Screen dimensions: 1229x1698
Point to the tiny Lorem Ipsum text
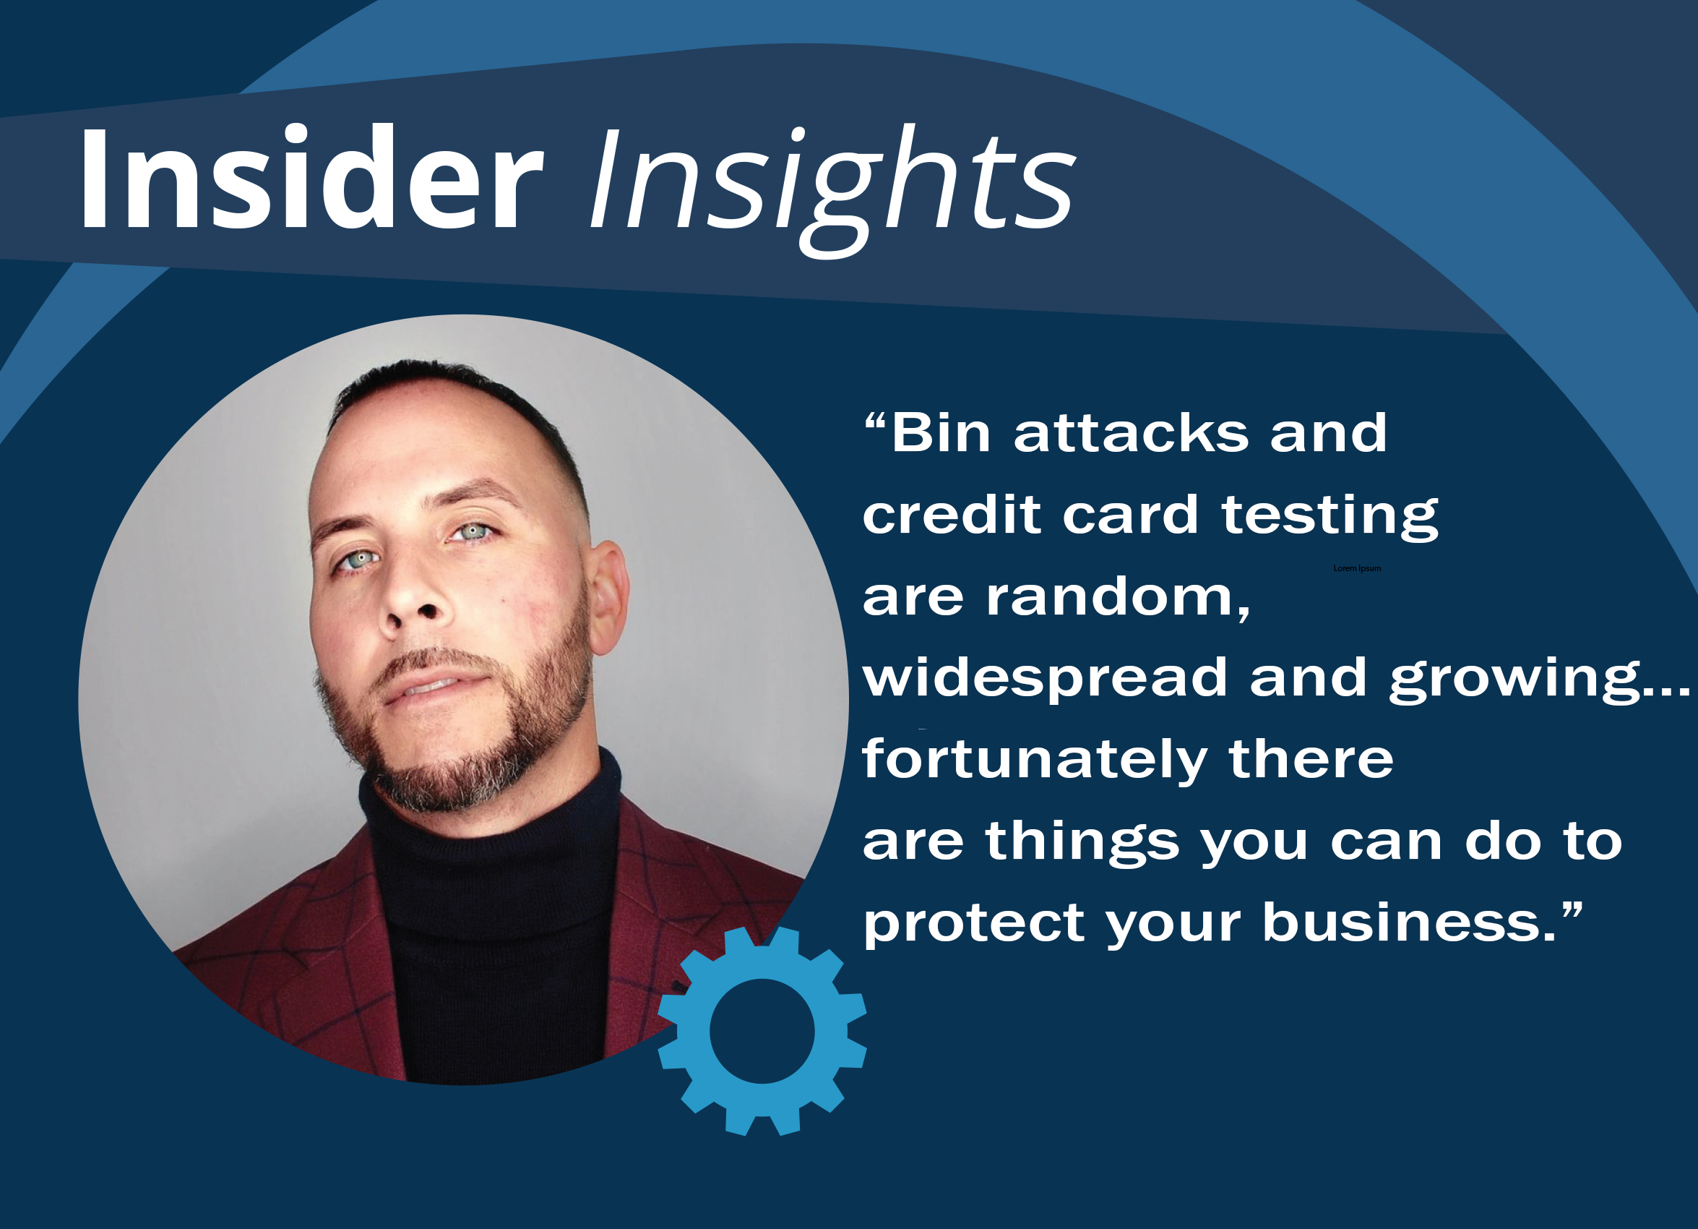click(1357, 568)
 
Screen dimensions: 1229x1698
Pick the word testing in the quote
click(1329, 517)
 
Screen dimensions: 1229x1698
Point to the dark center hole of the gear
click(762, 1032)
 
